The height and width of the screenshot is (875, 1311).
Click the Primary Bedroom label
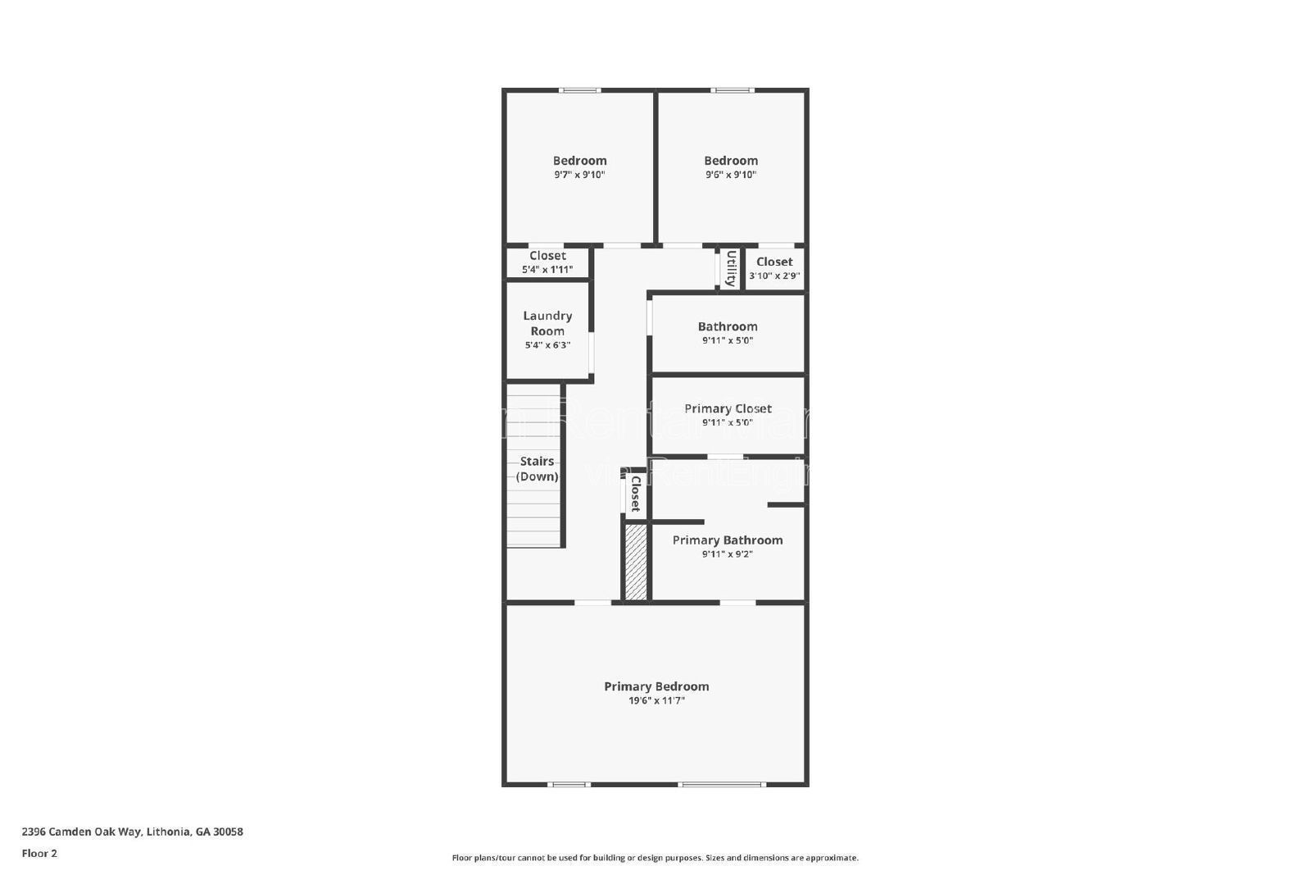click(656, 686)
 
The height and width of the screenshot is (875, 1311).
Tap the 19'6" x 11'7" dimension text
click(656, 701)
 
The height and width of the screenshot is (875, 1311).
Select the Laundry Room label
click(547, 323)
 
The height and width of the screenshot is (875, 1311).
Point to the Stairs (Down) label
click(537, 469)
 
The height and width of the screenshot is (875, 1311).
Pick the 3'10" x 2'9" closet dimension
click(774, 276)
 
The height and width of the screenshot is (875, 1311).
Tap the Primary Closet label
click(728, 408)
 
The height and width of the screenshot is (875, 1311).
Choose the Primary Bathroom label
click(728, 540)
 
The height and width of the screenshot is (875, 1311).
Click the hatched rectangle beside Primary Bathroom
click(636, 562)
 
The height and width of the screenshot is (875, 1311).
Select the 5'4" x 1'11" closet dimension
click(547, 270)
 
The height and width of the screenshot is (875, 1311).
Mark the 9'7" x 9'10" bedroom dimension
click(579, 175)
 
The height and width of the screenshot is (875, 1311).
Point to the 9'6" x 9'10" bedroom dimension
click(731, 175)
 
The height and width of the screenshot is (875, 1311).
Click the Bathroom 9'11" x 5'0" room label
click(728, 326)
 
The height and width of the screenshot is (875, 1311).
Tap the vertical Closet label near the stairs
click(635, 494)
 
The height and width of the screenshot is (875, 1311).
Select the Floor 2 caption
click(39, 854)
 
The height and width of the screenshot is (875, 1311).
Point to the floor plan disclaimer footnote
click(655, 858)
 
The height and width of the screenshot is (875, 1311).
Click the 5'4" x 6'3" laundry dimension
click(547, 345)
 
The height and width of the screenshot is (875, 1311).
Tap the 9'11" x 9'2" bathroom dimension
click(728, 554)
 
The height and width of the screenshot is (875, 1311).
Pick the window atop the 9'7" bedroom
click(580, 90)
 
